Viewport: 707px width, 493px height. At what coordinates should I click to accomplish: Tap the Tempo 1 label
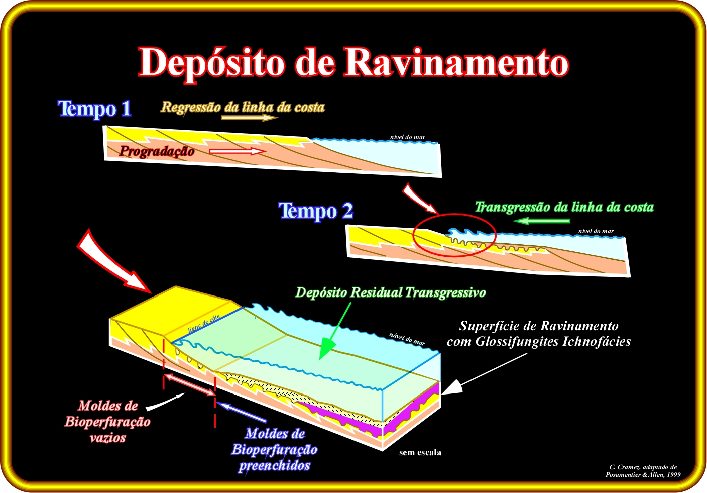[x=95, y=109]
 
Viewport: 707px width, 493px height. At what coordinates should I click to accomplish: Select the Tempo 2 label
[x=316, y=211]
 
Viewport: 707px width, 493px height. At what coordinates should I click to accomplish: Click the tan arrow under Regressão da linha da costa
[x=250, y=118]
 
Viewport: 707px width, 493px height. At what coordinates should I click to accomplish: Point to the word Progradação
[x=157, y=151]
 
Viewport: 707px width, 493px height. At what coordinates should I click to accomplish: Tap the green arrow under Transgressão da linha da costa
[x=542, y=221]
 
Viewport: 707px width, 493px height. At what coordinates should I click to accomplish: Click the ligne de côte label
[x=204, y=323]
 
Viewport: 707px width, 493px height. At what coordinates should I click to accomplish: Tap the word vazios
[x=107, y=438]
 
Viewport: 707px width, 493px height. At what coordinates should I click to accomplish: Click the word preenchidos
[x=274, y=466]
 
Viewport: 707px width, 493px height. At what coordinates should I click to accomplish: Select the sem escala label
[x=420, y=453]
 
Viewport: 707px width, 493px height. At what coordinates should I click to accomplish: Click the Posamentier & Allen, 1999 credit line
[x=643, y=475]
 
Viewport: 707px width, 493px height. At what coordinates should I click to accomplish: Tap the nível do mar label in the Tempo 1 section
[x=407, y=137]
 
